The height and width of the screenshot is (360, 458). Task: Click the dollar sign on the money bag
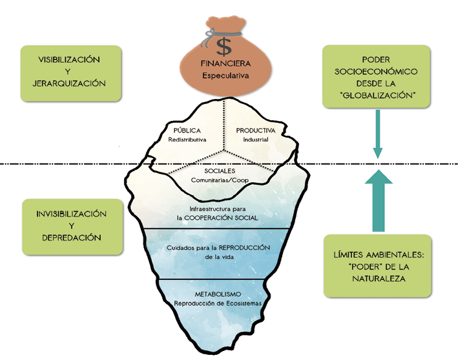pos(224,47)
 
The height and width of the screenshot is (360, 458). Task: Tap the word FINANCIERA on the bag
pos(224,65)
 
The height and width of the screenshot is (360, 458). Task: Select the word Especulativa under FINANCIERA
pos(224,76)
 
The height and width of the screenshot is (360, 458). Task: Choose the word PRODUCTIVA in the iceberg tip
pos(256,130)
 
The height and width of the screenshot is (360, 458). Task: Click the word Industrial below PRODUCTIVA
pos(256,140)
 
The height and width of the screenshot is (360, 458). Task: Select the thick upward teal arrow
pos(379,203)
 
